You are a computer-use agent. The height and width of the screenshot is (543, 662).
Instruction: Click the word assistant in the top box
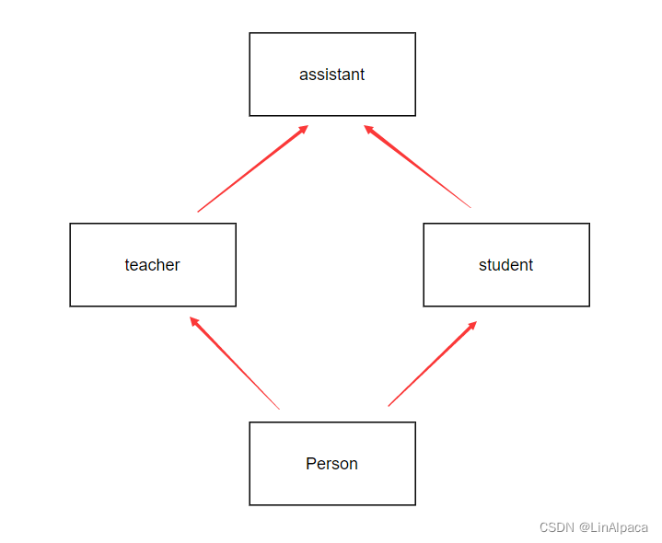coord(331,75)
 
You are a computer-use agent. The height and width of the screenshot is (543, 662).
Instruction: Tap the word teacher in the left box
coord(152,265)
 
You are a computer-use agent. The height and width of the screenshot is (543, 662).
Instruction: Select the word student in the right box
coord(505,265)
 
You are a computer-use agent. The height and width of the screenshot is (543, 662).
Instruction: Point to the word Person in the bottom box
coord(331,464)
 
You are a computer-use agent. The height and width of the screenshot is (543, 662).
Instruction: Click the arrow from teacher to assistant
coord(252,169)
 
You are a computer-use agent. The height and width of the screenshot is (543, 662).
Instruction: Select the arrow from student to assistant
coord(417,167)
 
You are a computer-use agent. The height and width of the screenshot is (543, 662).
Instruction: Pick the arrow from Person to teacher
coord(235,364)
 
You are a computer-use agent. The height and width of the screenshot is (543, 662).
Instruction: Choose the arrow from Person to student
coord(432,364)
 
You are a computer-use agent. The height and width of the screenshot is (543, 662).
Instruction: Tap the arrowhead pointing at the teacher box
coord(193,320)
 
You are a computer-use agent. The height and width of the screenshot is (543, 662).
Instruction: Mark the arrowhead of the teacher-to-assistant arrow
coord(303,129)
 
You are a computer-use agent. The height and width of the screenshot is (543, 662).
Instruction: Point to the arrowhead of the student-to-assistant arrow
coord(368,129)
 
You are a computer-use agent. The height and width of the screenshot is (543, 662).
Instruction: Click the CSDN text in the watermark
coord(557,527)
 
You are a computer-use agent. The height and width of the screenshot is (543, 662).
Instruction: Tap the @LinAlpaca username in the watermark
coord(613,527)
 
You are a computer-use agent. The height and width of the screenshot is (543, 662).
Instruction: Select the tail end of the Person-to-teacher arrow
coord(278,408)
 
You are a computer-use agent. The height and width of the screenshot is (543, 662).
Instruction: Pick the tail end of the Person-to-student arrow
coord(389,404)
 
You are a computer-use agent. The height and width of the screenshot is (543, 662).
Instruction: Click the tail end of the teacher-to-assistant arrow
coord(199,211)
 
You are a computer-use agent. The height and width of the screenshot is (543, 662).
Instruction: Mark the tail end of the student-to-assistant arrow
coord(470,206)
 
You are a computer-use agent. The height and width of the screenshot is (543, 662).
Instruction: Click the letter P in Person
coord(310,464)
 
